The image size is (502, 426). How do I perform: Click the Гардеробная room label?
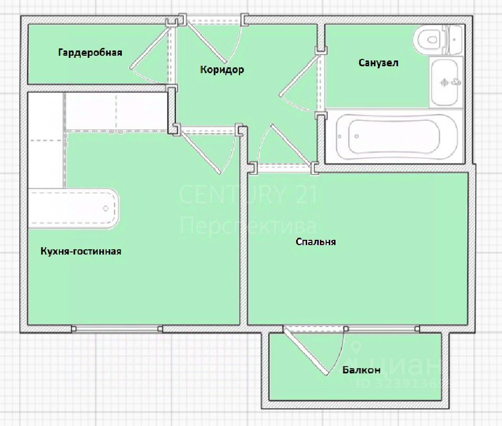point(90,53)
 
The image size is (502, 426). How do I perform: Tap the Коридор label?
point(222,69)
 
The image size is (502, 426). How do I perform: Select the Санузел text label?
point(379,63)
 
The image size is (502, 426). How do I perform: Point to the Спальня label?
point(316,241)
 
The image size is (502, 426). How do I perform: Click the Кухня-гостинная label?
point(81,251)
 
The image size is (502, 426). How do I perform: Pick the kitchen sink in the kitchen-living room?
point(74,208)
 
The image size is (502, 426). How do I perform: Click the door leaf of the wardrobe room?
point(150,47)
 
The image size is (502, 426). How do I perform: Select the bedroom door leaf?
point(291,145)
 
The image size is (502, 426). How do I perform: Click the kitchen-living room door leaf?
point(200,152)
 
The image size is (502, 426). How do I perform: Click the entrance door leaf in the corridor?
point(206,42)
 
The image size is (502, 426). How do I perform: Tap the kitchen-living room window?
point(117,329)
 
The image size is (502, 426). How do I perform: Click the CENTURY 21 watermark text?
point(248,195)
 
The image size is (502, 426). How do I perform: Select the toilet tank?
point(454,40)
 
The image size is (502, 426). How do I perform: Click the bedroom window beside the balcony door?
point(382,329)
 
